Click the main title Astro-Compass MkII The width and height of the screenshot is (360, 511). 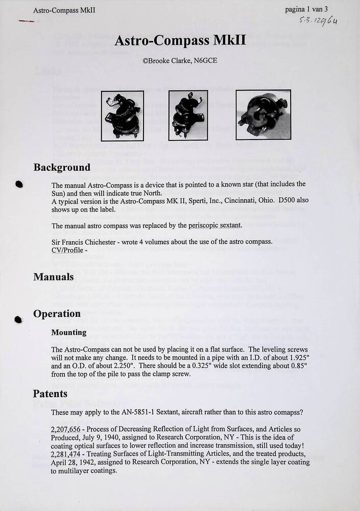point(180,40)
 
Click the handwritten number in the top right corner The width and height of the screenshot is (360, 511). point(319,21)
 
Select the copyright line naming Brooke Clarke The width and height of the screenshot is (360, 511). point(180,60)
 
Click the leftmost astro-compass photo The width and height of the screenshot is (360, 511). point(122,115)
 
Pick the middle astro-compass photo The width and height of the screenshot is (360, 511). point(188,115)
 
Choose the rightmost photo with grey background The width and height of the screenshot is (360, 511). point(263,115)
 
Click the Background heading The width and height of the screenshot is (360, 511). point(62,168)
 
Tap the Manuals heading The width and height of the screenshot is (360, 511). point(54,277)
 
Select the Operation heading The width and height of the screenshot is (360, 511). point(57,314)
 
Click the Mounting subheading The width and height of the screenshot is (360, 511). point(68,332)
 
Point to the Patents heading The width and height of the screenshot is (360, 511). point(50,393)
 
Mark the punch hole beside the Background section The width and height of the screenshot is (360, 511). point(19,185)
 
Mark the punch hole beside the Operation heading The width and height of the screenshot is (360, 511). point(19,320)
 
